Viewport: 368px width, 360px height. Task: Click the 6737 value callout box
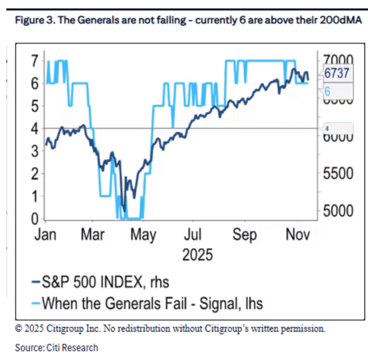(x=336, y=73)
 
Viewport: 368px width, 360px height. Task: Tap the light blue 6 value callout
(x=328, y=90)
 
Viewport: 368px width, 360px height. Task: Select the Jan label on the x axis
(x=45, y=234)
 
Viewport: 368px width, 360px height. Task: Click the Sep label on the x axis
(x=244, y=234)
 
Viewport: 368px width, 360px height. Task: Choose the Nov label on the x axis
(x=298, y=234)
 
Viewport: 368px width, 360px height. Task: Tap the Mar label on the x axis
(x=92, y=234)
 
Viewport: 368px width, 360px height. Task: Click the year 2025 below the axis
(x=197, y=255)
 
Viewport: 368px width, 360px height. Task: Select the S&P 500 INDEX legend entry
(x=100, y=281)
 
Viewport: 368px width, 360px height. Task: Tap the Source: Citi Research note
(x=56, y=348)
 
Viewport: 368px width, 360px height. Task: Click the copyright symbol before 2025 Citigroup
(x=18, y=328)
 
